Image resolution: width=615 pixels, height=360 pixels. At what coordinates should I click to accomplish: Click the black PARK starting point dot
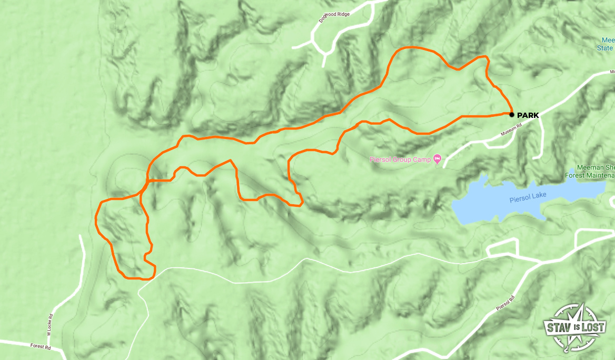(x=511, y=114)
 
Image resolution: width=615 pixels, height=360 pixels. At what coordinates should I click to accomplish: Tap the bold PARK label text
(x=528, y=115)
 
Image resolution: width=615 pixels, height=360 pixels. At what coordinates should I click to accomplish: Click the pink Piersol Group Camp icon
(x=437, y=159)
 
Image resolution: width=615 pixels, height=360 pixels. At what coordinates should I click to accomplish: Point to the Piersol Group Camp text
(x=400, y=159)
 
